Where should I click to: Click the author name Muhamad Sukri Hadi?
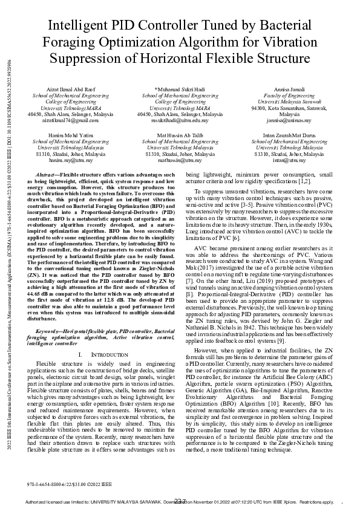point(180,89)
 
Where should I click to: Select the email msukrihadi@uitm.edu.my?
point(180,120)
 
